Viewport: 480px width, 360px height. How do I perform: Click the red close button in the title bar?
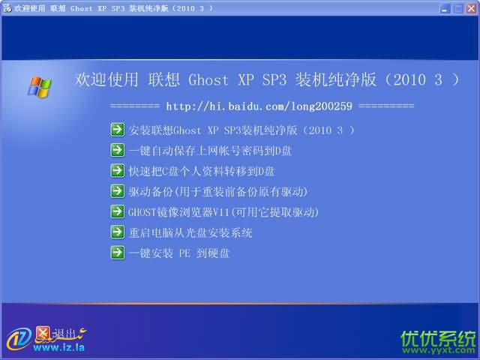pos(472,8)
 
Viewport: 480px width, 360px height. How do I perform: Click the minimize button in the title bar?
pos(445,8)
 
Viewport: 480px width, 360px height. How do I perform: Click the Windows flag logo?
pos(40,88)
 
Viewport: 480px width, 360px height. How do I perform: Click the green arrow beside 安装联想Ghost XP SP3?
pos(117,130)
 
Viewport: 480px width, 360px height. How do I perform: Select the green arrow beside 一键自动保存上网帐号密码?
pos(117,150)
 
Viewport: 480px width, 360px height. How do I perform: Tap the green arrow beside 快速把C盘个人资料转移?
pos(117,171)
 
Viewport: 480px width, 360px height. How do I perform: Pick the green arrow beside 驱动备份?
pos(117,191)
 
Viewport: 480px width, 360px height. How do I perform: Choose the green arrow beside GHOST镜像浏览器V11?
pos(117,211)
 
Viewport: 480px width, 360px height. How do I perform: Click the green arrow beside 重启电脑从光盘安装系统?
pos(117,232)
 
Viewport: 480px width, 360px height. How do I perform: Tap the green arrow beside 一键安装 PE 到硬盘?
pos(117,253)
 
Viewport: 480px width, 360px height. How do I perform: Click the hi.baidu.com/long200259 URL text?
pos(259,106)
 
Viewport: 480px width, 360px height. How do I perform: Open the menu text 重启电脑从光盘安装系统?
pos(190,233)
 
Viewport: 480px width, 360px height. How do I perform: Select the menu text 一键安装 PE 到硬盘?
pos(178,253)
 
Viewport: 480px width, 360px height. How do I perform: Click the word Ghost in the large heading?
pos(208,80)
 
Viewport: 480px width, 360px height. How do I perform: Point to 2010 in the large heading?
pos(409,80)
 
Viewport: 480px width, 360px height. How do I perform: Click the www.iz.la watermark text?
pos(58,347)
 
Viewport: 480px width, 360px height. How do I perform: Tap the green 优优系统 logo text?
pos(438,338)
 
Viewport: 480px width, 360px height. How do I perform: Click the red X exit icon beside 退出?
pos(43,333)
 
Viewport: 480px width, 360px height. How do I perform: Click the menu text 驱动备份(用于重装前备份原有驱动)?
pos(217,192)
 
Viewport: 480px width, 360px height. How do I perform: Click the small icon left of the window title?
pos(7,8)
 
